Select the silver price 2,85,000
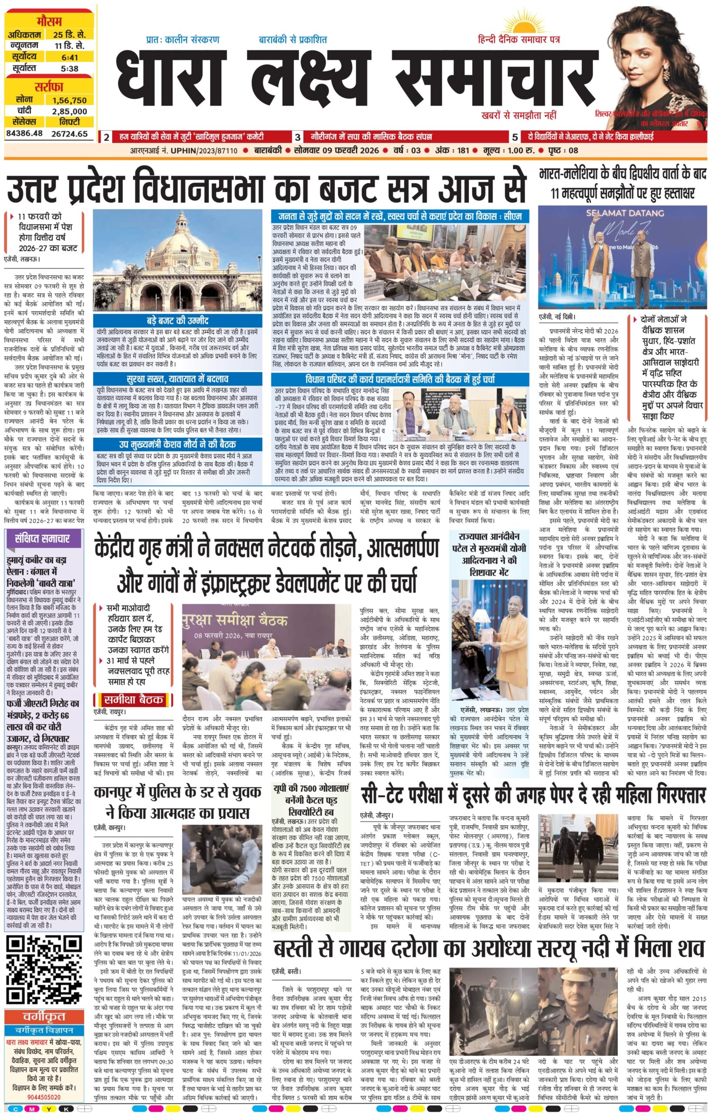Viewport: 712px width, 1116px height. click(69, 111)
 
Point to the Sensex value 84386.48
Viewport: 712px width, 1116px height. click(24, 133)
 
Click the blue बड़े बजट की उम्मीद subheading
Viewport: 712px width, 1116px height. click(181, 321)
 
